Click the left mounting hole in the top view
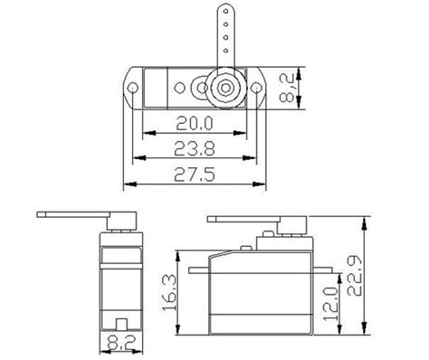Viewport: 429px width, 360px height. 133,89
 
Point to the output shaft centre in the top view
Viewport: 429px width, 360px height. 223,89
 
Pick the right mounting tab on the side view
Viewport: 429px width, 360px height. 321,269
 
